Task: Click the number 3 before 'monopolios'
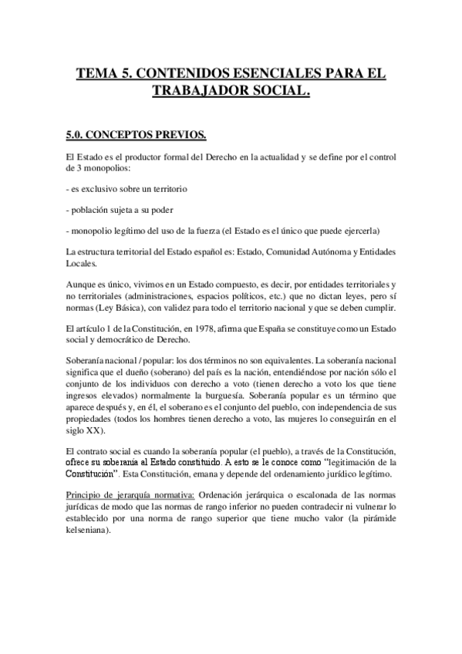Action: pyautogui.click(x=70, y=168)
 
